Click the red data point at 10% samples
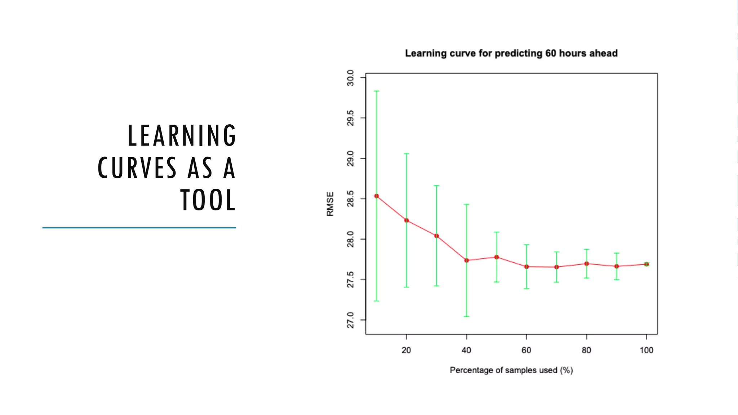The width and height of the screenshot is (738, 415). (x=377, y=196)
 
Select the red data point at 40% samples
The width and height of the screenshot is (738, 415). (x=467, y=260)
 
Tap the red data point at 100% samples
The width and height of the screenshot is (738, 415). (x=646, y=264)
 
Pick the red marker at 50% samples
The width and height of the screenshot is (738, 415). (x=497, y=257)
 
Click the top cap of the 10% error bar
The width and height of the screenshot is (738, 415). (x=377, y=91)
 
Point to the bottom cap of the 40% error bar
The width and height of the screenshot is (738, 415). (x=467, y=316)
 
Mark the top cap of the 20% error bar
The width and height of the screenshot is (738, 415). (x=406, y=153)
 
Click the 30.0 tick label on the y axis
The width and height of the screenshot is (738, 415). (x=350, y=78)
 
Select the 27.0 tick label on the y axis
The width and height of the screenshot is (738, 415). (x=350, y=321)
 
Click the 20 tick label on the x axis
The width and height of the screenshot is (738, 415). (x=406, y=350)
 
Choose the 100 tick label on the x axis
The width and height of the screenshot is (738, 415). (x=646, y=350)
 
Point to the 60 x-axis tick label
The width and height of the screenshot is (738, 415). (x=526, y=350)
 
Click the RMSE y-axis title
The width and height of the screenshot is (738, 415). (x=330, y=204)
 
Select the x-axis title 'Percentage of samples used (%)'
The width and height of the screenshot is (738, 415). (x=511, y=370)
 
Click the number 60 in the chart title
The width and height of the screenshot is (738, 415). (x=551, y=53)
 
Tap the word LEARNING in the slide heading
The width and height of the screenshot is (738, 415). (x=182, y=135)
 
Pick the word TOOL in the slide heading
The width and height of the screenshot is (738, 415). (x=208, y=200)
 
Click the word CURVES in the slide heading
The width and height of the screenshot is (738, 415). (x=137, y=168)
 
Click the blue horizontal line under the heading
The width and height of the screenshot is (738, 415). (x=139, y=228)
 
